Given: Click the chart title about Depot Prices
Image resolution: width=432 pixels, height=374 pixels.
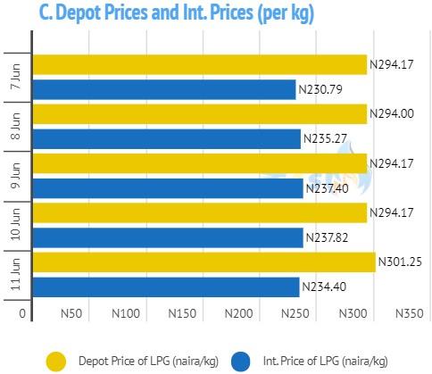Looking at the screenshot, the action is (x=177, y=13).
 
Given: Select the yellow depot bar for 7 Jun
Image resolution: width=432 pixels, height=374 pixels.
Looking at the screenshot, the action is (x=200, y=64).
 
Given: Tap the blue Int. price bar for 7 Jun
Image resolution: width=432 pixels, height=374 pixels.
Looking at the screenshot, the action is (x=164, y=89).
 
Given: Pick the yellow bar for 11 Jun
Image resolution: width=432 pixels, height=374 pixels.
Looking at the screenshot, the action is (x=204, y=262).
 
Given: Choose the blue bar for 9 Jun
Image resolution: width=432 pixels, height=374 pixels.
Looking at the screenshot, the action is (x=168, y=188).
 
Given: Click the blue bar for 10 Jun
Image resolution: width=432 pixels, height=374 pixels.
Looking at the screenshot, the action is (x=168, y=237).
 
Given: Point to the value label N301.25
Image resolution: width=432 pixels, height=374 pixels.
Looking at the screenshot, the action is (x=400, y=262).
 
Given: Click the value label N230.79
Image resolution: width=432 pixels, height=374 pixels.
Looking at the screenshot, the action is (x=320, y=89).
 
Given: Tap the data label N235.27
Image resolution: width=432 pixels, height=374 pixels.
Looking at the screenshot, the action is (x=325, y=138).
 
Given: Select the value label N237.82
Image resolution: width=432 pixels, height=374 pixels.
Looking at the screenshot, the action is (x=327, y=237).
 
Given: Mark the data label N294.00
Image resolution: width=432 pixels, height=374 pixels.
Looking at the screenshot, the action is (x=392, y=113).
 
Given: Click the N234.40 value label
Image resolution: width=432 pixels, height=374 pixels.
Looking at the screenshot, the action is (x=324, y=287).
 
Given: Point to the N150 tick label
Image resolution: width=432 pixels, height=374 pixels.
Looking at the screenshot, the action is (x=182, y=313).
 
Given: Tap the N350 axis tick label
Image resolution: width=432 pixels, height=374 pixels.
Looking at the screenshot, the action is (x=409, y=313).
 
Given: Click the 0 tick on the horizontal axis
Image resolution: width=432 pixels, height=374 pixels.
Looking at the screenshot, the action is (x=22, y=313).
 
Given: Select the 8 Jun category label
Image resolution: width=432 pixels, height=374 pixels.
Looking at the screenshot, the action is (x=15, y=126).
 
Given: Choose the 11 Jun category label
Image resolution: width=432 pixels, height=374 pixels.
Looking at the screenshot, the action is (x=15, y=274).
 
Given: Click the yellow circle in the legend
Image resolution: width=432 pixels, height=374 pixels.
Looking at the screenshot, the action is (x=56, y=362).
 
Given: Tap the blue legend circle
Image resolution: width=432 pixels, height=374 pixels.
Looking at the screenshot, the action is (x=240, y=362).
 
